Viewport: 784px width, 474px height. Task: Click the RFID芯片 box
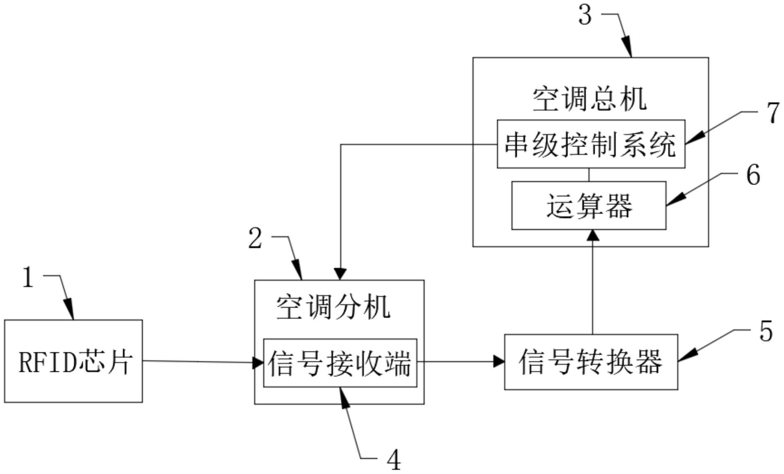(x=73, y=361)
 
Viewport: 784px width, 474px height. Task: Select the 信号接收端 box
(x=340, y=363)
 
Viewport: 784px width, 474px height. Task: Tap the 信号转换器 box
(x=590, y=362)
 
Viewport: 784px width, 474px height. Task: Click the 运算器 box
(x=588, y=205)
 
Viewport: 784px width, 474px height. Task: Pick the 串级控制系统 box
(x=590, y=144)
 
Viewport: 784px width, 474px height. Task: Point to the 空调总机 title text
(x=589, y=99)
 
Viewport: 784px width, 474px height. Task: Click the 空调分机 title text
(x=333, y=307)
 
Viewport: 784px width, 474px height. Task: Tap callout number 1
(x=28, y=277)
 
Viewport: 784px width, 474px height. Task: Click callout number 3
(x=585, y=16)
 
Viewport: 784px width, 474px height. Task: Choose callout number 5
(x=766, y=332)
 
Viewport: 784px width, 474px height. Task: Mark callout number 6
(x=753, y=175)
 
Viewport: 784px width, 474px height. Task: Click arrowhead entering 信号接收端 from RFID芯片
(x=259, y=363)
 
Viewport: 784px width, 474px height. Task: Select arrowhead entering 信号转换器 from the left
(x=499, y=362)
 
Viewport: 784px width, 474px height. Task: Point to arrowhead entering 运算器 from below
(x=593, y=235)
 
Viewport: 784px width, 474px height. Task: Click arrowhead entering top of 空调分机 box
(x=340, y=274)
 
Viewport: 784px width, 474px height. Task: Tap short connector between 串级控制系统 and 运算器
(x=589, y=174)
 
